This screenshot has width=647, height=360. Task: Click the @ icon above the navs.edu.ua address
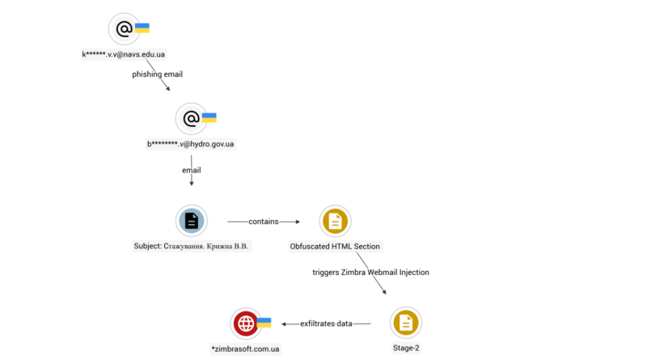coord(124,29)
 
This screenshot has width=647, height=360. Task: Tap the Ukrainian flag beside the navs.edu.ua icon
coord(142,28)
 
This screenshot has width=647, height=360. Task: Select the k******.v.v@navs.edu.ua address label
coord(124,54)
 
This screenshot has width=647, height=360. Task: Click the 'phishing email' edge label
coord(158,74)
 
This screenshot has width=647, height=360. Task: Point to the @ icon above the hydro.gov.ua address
coord(191,119)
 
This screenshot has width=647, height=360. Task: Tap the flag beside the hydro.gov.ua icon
coord(209,118)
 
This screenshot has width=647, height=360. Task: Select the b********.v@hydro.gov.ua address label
coord(191,144)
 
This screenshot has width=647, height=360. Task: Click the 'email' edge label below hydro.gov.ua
coord(192,170)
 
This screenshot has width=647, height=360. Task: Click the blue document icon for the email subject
coord(192,221)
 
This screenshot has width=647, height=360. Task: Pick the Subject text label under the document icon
coord(192,246)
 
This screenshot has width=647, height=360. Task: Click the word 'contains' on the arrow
coord(264,220)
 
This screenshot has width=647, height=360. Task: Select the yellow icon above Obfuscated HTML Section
coord(335,221)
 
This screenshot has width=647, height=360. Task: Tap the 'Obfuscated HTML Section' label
coord(335,246)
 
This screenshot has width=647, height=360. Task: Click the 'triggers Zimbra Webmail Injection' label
coord(370,273)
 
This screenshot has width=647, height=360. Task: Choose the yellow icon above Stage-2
coord(405,323)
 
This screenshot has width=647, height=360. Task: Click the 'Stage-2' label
coord(405,348)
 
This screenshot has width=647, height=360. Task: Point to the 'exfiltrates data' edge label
coord(327,324)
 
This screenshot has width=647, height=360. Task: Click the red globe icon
coord(245,324)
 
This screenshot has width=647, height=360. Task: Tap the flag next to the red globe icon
coord(263,322)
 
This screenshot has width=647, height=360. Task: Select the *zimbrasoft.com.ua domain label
coord(245,348)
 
